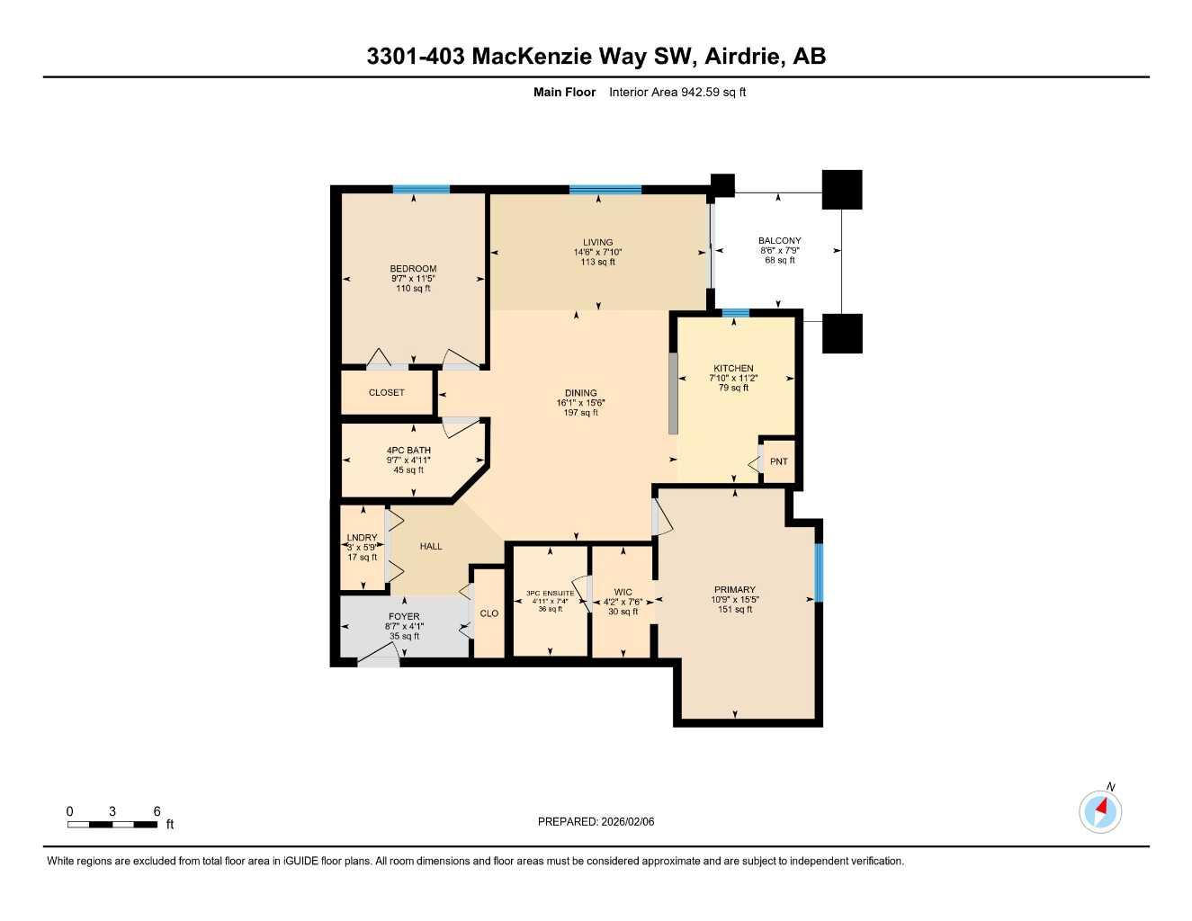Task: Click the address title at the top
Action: point(596,57)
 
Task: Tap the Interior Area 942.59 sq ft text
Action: point(677,92)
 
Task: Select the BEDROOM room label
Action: point(413,269)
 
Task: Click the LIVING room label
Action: point(597,242)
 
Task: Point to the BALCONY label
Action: point(779,241)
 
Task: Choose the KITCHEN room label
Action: point(733,369)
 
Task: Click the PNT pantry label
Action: point(778,461)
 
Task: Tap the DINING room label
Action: point(580,393)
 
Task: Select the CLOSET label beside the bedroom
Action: point(387,393)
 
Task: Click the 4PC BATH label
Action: point(408,451)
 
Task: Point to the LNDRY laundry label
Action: point(363,538)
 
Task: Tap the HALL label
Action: point(431,546)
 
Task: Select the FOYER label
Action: point(404,617)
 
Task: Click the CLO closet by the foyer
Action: point(488,613)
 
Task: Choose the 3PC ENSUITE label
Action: point(550,594)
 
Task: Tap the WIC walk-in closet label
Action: point(623,593)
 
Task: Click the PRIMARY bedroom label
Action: point(735,590)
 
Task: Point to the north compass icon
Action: point(1100,811)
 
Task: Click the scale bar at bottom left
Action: point(112,823)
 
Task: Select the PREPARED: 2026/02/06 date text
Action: point(596,821)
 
